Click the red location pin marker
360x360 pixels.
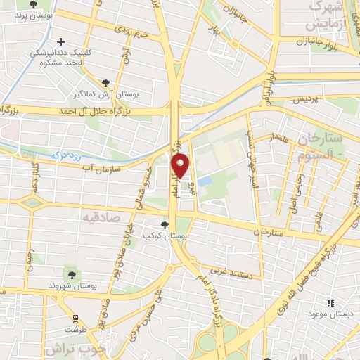tap(181, 166)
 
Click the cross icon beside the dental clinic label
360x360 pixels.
tap(62, 42)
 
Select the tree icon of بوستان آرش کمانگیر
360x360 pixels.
tap(105, 82)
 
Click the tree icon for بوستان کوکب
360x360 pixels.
tap(164, 225)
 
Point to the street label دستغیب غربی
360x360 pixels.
tap(237, 271)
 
